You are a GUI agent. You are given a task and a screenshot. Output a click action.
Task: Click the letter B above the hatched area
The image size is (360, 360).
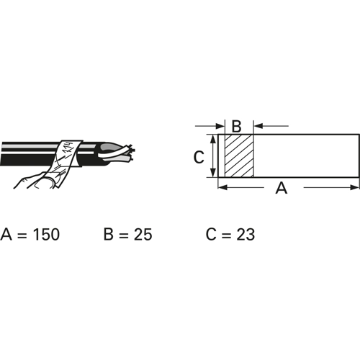tap(236, 126)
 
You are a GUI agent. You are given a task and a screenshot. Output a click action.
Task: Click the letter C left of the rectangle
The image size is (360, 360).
tap(199, 157)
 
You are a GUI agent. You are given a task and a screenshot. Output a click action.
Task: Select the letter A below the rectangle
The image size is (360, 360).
tap(282, 188)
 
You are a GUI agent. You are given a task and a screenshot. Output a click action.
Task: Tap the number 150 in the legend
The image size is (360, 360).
tap(46, 234)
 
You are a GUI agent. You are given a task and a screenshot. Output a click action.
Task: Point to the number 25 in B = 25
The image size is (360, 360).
tap(143, 234)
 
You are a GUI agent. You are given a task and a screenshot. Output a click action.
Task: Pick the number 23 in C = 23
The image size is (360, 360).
tap(246, 234)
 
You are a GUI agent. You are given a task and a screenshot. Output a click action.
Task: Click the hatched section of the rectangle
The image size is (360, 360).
tap(239, 156)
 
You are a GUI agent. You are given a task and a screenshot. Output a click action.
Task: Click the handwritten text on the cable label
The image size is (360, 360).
tap(67, 149)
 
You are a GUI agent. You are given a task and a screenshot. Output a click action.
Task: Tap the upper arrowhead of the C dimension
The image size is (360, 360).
tap(213, 139)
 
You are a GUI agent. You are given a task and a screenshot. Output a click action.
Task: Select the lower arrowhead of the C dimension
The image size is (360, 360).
tap(213, 173)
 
